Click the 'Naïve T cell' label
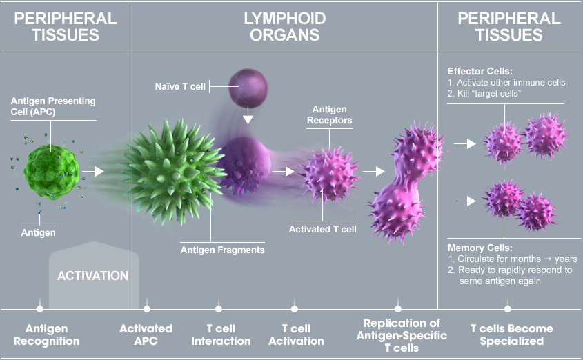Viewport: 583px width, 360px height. (x=180, y=87)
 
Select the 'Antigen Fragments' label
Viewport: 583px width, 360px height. (x=222, y=250)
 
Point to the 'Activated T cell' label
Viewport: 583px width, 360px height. (x=322, y=229)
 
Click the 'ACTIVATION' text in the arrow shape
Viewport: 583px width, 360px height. (x=93, y=276)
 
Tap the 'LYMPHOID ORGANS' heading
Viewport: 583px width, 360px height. (x=284, y=26)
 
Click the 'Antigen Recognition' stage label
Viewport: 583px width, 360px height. (x=52, y=335)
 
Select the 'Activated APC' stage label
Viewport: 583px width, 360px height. (x=146, y=335)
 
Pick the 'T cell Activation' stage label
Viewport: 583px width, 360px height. (x=295, y=335)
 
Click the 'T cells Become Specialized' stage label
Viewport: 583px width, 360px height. (x=508, y=335)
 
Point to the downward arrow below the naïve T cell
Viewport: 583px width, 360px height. (x=246, y=120)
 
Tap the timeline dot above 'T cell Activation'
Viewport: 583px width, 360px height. (x=295, y=309)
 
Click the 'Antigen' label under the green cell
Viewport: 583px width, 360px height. (x=39, y=233)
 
